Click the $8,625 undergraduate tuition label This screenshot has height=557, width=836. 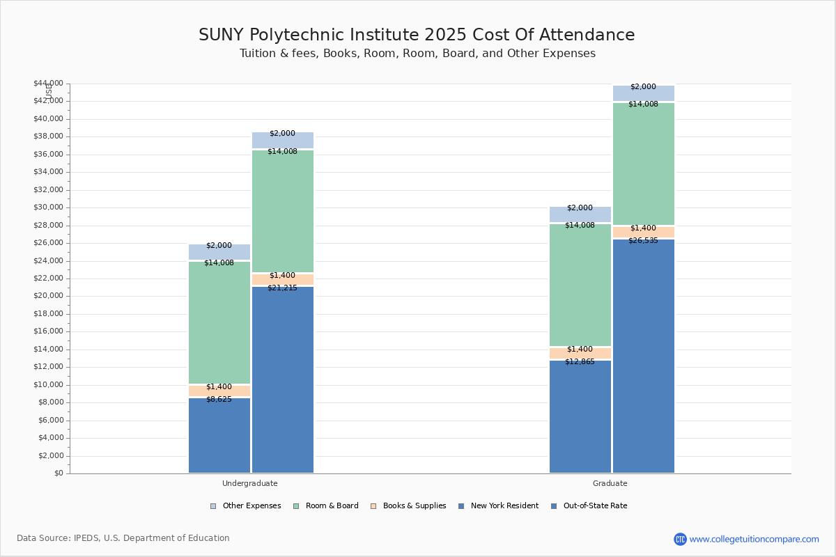219,399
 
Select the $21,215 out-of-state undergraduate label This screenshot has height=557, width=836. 282,288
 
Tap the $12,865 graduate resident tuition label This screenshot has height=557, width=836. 580,361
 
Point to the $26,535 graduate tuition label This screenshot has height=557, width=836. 643,240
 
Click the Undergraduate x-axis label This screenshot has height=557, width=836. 250,483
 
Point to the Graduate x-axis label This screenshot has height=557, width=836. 610,483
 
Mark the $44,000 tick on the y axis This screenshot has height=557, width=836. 48,83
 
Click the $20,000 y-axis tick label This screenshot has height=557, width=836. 48,296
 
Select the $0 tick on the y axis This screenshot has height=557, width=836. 57,473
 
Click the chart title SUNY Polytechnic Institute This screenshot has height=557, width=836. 417,35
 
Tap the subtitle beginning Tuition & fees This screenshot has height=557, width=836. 417,54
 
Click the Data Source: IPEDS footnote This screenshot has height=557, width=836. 123,538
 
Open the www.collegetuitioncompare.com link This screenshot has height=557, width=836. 754,539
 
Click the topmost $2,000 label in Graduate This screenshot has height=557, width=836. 643,86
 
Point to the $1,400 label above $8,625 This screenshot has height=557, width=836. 219,386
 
